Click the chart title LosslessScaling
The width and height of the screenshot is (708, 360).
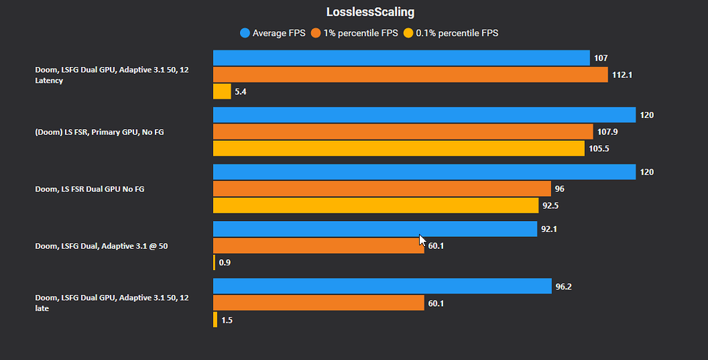(370, 12)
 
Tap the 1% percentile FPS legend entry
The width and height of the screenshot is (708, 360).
(355, 32)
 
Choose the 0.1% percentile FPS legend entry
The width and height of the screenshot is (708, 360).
(451, 32)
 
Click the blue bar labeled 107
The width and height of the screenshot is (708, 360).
(401, 58)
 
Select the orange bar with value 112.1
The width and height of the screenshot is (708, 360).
(410, 75)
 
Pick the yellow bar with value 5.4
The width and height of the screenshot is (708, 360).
(222, 91)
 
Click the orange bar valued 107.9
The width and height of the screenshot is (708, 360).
(402, 131)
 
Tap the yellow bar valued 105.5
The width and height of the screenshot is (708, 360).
(398, 149)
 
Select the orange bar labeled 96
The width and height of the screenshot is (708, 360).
(382, 189)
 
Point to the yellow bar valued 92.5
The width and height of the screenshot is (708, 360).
(375, 205)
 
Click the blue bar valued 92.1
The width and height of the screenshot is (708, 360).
(375, 229)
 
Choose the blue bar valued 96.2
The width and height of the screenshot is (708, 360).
(382, 286)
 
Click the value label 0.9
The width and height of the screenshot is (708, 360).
(225, 263)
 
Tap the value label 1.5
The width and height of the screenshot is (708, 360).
(227, 320)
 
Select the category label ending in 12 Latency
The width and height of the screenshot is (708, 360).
(111, 75)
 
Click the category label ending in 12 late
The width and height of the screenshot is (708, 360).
(111, 303)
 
